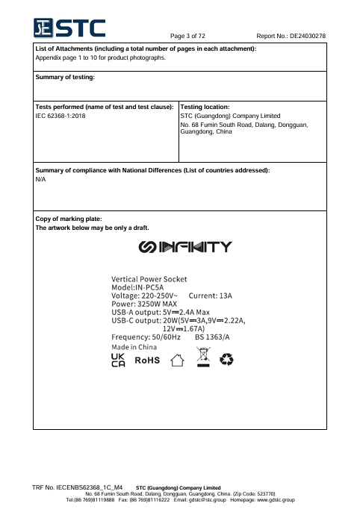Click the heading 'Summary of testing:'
(x=65, y=77)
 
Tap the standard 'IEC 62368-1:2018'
(x=60, y=116)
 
